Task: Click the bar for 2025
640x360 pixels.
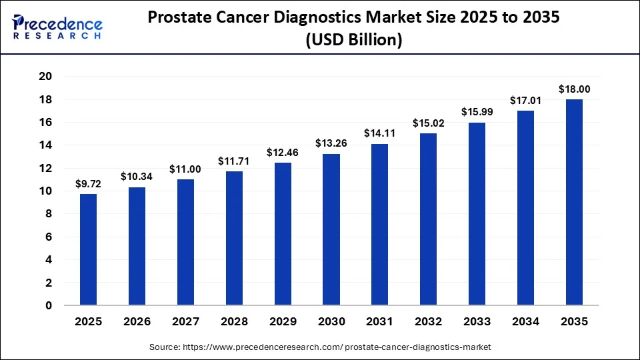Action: (x=88, y=249)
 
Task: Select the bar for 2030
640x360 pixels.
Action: (x=331, y=229)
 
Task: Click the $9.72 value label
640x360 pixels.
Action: (x=88, y=183)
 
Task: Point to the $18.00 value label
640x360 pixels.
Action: (x=574, y=89)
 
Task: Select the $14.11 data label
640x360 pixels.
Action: (x=380, y=133)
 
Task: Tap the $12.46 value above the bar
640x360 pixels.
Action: (x=283, y=152)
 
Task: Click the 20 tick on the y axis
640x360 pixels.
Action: (x=46, y=77)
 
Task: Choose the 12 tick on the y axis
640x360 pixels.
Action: (x=46, y=168)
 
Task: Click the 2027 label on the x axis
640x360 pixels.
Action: (x=185, y=322)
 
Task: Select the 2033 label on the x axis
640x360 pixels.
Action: (x=477, y=322)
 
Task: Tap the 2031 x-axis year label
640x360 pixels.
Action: (x=380, y=322)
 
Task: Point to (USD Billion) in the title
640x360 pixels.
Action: (x=354, y=40)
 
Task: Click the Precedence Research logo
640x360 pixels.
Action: (x=57, y=26)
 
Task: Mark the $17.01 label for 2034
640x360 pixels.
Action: (x=526, y=100)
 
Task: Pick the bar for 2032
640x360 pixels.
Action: (x=429, y=219)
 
